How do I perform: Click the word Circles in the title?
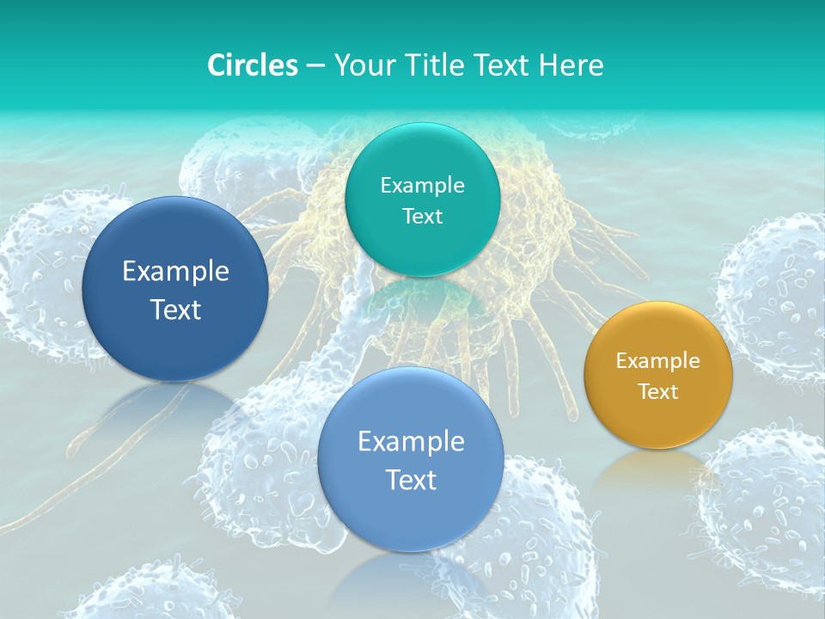pos(253,65)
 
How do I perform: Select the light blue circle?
pos(411,516)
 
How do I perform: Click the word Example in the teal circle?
pos(423,186)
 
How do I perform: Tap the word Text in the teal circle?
pos(423,216)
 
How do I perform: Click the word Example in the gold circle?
pos(658,361)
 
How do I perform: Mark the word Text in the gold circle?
pos(658,392)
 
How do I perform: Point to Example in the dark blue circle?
pos(175,272)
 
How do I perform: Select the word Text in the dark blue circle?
pos(175,309)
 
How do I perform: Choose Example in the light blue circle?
pos(411,442)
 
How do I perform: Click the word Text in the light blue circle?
pos(411,480)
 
